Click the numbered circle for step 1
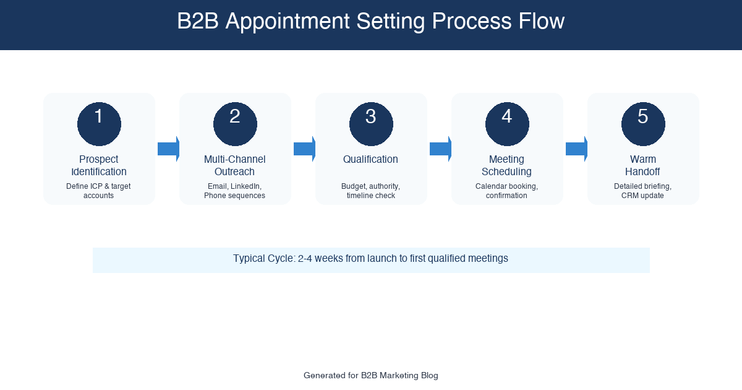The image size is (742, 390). click(x=99, y=124)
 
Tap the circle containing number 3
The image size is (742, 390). click(x=371, y=124)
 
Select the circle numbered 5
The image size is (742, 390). click(x=643, y=124)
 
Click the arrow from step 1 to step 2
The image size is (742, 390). click(x=168, y=149)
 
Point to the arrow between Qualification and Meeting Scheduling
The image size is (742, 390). click(x=440, y=149)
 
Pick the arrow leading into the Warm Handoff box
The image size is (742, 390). click(x=576, y=149)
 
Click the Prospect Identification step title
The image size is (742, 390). click(x=99, y=165)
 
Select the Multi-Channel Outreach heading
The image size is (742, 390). click(x=235, y=165)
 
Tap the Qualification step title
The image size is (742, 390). click(x=371, y=159)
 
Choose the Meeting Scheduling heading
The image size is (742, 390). click(x=507, y=165)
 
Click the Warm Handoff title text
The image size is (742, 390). click(x=643, y=165)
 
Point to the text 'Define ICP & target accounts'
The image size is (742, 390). click(x=99, y=191)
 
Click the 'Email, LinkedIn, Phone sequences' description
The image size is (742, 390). click(x=235, y=191)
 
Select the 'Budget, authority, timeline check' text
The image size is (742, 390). click(x=371, y=191)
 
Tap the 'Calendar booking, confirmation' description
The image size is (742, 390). click(x=507, y=191)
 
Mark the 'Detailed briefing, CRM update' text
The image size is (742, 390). click(x=643, y=191)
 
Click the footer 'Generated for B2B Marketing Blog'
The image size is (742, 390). click(x=371, y=375)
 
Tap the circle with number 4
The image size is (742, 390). click(x=507, y=124)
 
